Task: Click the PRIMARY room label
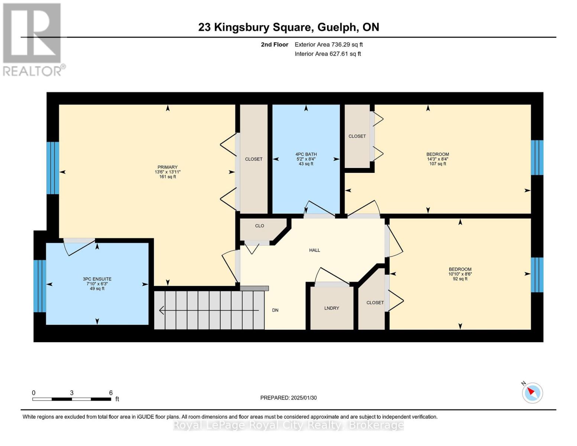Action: (168, 167)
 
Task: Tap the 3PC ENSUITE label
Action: (97, 279)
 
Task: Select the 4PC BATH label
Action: (306, 154)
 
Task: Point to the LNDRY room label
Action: (331, 308)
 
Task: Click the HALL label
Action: (314, 251)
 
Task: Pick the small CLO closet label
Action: (259, 226)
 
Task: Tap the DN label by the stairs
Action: (275, 310)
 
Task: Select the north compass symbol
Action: (532, 392)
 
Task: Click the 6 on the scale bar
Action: (111, 393)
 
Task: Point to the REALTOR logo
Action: (32, 39)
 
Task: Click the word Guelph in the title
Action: (336, 27)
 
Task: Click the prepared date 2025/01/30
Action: (304, 398)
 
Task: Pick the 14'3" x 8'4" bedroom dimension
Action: (437, 159)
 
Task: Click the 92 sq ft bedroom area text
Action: (460, 279)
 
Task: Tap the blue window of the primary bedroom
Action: (53, 168)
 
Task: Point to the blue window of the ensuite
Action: (40, 286)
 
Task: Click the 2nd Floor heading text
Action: (275, 45)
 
